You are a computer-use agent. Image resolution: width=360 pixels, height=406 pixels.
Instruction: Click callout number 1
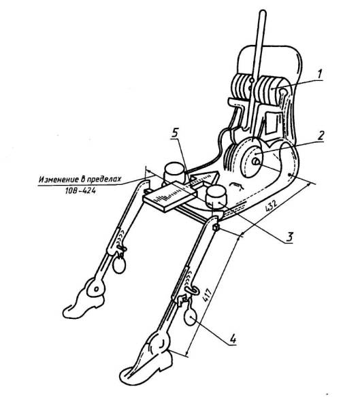click(320, 74)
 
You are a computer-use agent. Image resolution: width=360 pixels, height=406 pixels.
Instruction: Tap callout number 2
click(321, 135)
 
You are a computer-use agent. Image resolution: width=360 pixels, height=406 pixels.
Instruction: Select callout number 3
click(290, 237)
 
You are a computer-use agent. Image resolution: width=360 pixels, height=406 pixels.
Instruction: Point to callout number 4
click(233, 338)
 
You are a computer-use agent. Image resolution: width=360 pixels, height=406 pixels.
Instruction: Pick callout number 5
click(175, 133)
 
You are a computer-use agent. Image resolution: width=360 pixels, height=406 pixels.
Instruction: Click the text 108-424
click(80, 191)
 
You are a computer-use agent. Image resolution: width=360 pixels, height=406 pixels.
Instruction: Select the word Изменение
click(57, 179)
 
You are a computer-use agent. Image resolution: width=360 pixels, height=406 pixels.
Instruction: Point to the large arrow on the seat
click(205, 179)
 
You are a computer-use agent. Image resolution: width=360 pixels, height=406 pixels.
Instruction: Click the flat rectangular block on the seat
click(169, 197)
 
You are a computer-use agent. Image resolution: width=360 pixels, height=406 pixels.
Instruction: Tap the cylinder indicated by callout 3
click(216, 198)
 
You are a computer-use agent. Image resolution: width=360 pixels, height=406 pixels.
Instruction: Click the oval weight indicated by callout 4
click(191, 317)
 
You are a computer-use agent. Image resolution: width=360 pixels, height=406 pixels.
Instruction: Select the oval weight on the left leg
click(120, 265)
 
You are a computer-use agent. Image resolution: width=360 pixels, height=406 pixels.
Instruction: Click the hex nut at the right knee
click(216, 228)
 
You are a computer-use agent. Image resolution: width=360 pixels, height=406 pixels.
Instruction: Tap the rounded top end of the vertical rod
click(263, 13)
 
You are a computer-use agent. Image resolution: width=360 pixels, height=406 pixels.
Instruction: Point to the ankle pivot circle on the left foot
click(97, 288)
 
